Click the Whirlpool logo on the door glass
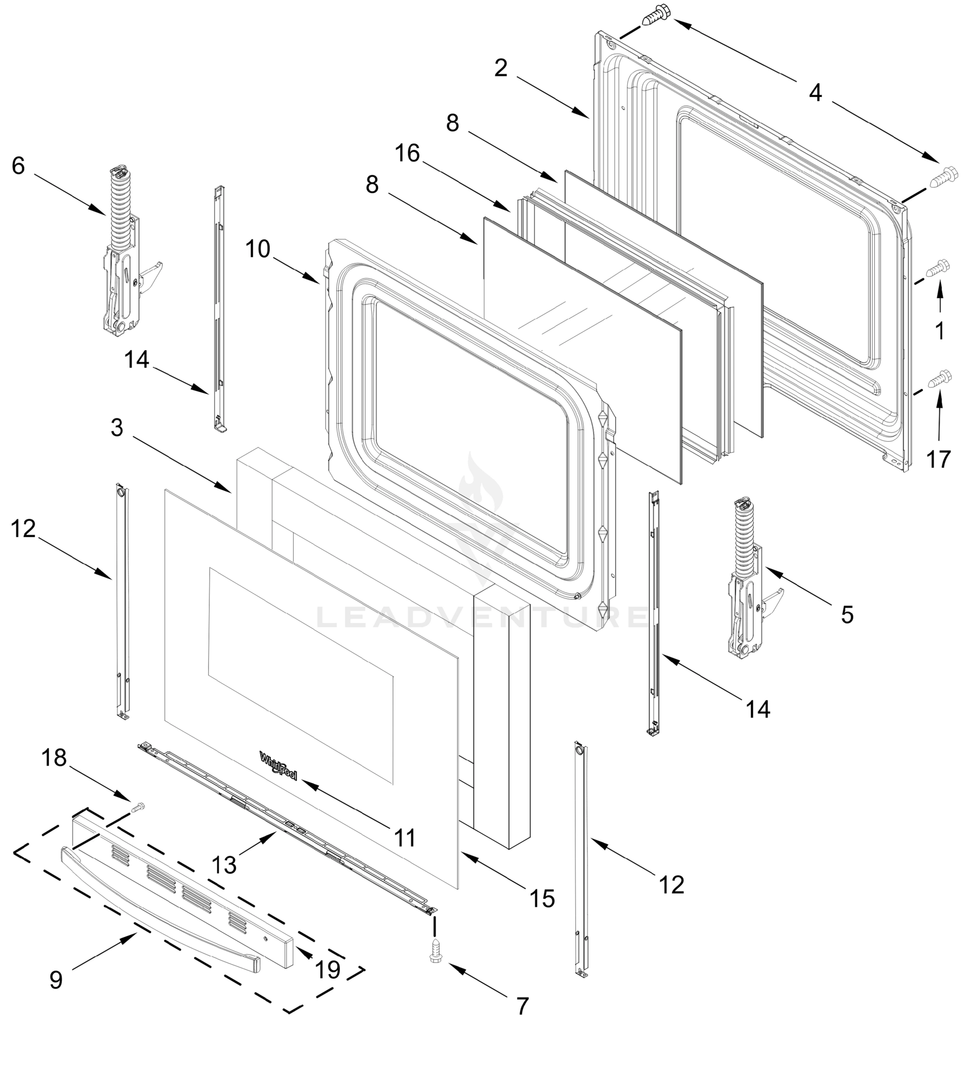278,765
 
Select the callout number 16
407,153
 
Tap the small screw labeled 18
138,807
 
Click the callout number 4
815,92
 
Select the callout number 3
117,427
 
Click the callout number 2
501,68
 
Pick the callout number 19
327,970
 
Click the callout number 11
405,838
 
